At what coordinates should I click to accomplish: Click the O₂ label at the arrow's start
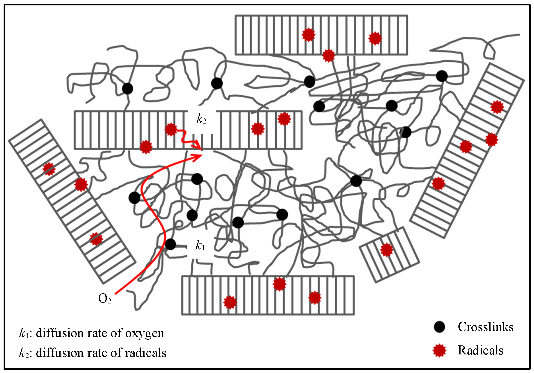(105, 299)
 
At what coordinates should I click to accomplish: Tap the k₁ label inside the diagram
(200, 246)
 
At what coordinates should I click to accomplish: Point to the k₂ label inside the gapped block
(201, 119)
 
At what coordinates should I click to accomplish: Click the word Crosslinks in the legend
(485, 327)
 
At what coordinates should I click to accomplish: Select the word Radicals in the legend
(480, 350)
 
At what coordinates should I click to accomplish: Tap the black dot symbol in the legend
(440, 327)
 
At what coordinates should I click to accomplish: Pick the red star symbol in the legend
(440, 351)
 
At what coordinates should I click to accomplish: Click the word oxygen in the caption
(145, 333)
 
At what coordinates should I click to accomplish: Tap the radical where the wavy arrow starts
(171, 130)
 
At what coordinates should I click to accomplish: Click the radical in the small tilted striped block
(386, 250)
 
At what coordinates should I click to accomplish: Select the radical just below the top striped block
(329, 55)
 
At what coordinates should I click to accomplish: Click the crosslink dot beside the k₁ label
(170, 244)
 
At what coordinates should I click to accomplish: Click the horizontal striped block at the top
(321, 35)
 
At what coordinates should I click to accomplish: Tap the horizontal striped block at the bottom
(268, 295)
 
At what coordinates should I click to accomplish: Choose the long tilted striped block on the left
(72, 201)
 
